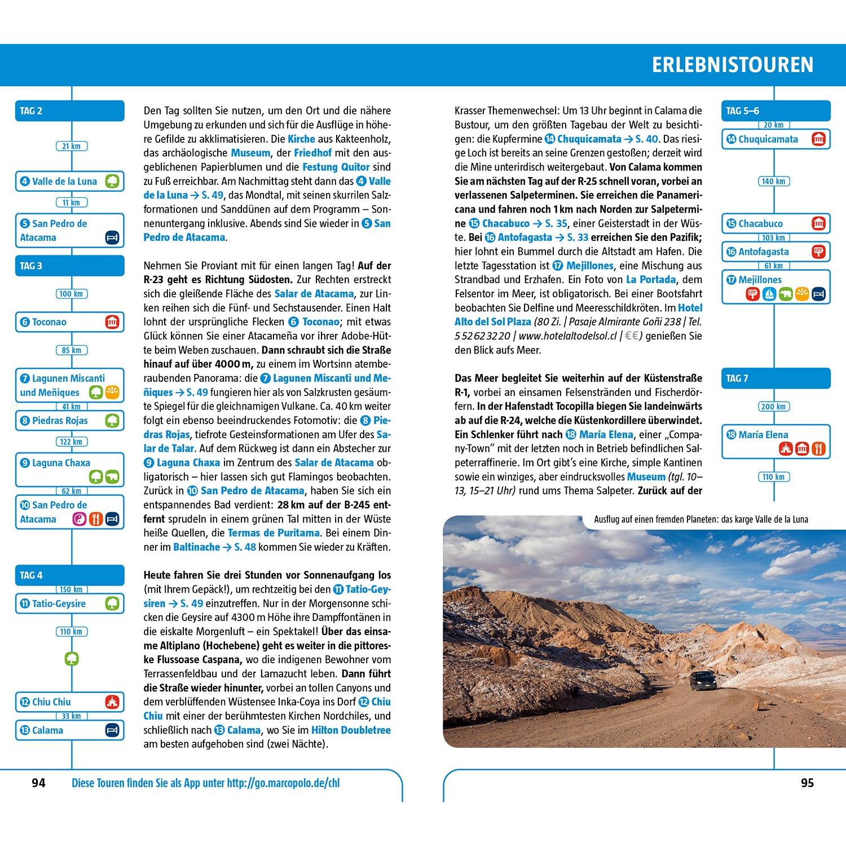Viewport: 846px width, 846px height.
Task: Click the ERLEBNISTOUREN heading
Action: point(732,65)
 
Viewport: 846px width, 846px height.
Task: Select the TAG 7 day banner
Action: point(775,378)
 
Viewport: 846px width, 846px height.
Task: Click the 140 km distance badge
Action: point(773,181)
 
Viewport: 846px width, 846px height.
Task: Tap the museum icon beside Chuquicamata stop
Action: point(818,139)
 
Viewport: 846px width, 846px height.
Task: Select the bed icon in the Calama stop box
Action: point(112,730)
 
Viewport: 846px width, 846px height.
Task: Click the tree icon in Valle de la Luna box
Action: point(112,181)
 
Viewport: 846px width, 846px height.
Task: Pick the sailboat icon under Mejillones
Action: point(769,294)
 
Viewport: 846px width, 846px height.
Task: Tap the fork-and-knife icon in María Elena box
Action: point(818,449)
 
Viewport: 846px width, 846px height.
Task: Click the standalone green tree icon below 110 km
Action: point(72,658)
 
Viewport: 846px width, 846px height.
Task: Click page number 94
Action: point(38,783)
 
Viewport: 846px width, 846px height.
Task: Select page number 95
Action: point(807,783)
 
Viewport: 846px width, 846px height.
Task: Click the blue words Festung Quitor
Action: point(336,167)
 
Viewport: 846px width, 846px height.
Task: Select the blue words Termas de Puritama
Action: point(273,533)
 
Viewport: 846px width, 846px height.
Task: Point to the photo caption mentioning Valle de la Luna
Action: point(700,519)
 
